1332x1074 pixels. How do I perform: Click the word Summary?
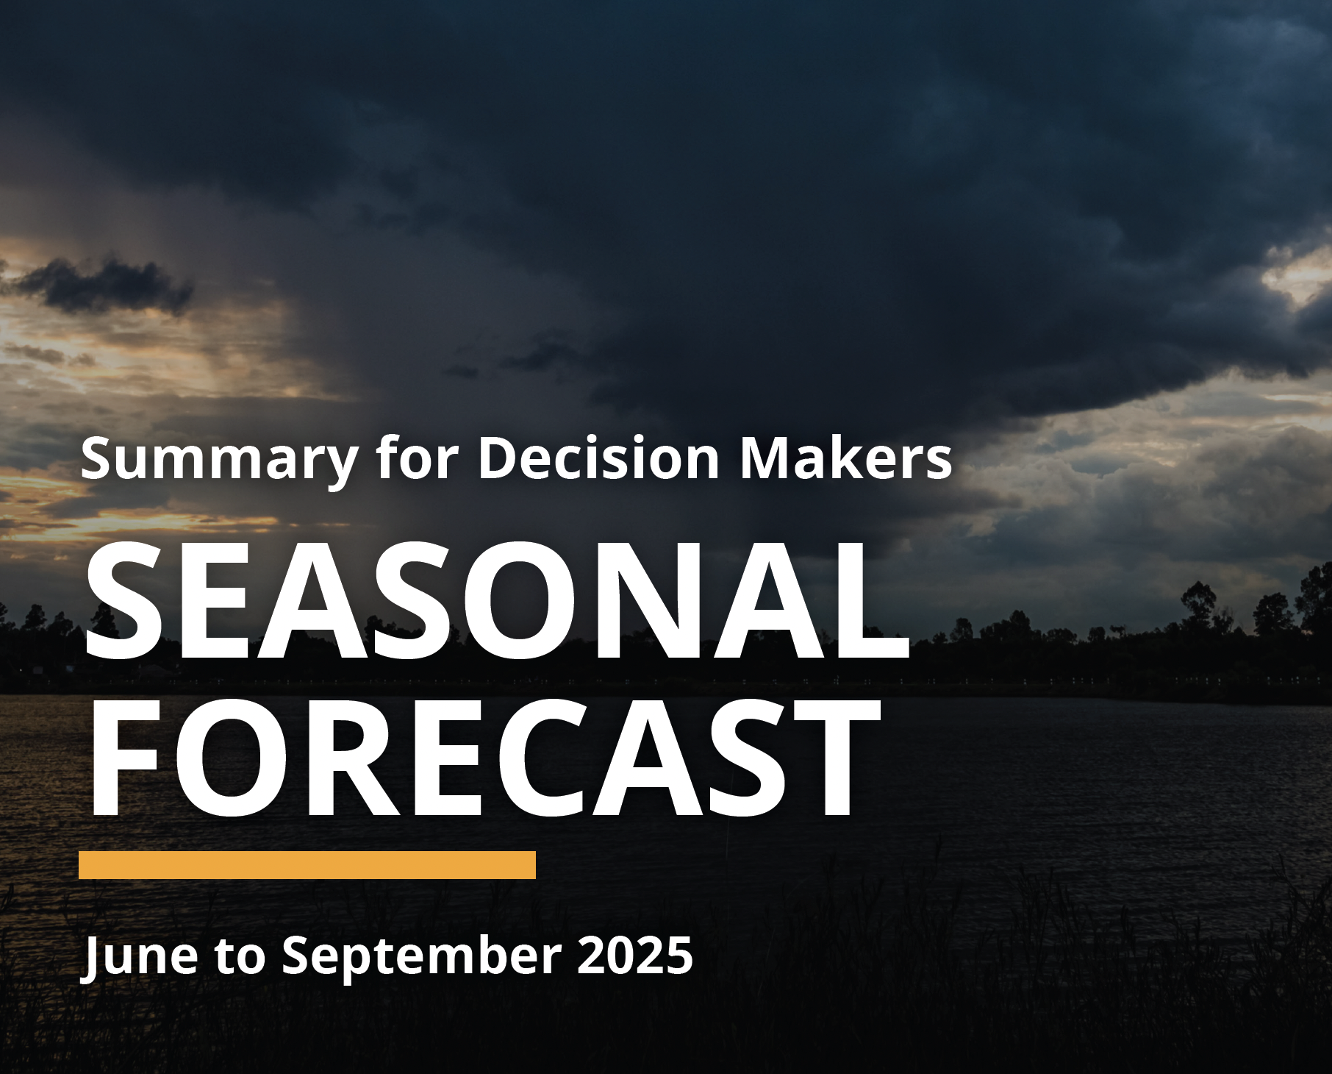pos(219,459)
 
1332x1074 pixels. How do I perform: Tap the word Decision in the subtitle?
pos(598,458)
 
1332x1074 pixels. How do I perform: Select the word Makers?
pos(845,458)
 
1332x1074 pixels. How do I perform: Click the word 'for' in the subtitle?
pos(417,458)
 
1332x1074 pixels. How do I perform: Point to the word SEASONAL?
pos(497,600)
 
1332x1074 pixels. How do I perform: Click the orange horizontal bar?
pos(307,865)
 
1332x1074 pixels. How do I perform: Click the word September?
pos(421,956)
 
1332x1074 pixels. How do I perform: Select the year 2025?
pos(635,956)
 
